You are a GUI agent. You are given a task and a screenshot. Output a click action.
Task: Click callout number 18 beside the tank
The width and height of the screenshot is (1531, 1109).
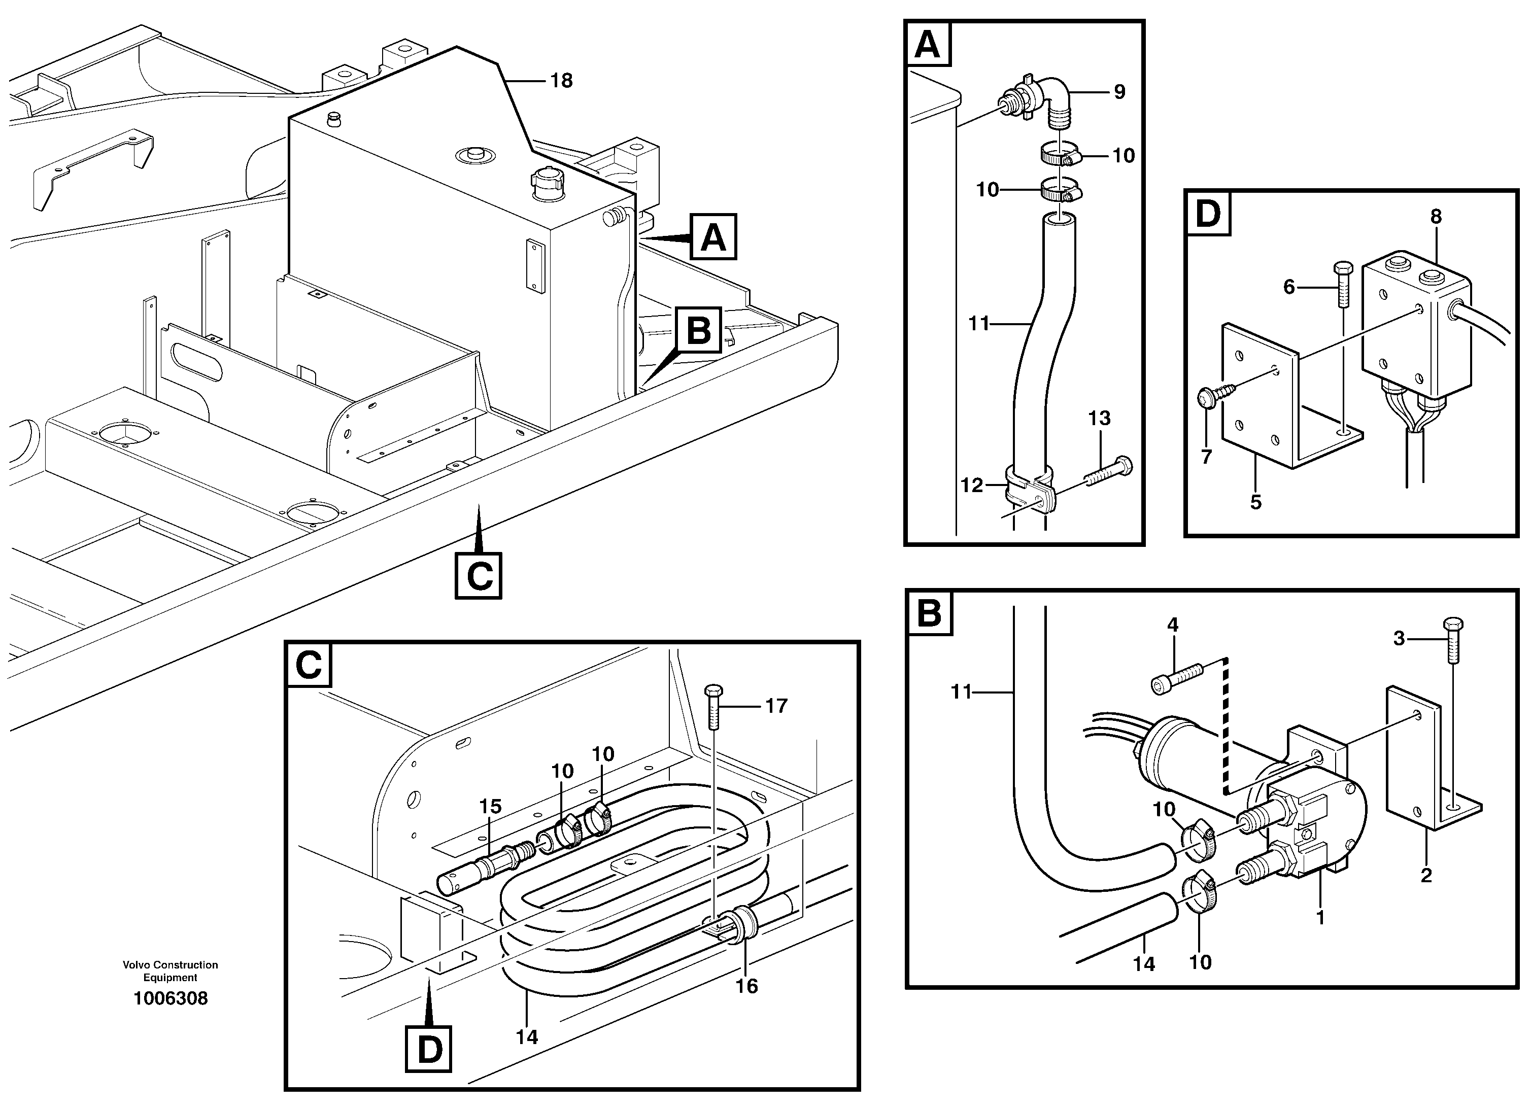coord(561,81)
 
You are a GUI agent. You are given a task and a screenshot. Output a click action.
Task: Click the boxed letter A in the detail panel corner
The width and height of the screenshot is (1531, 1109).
coord(928,45)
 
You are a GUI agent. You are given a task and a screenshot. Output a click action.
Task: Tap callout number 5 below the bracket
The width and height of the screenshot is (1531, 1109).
coord(1255,502)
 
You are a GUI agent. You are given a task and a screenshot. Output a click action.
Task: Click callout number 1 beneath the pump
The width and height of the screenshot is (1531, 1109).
coord(1321,917)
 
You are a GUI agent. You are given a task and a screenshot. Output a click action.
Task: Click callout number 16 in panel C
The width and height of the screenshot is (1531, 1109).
coord(746,986)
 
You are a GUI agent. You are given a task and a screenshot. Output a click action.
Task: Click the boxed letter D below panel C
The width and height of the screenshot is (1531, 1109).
coord(429,1050)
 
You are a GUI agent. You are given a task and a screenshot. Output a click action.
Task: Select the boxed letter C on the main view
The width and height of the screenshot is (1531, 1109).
coord(479,576)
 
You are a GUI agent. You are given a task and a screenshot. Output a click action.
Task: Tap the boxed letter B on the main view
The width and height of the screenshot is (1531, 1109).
coord(699,330)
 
